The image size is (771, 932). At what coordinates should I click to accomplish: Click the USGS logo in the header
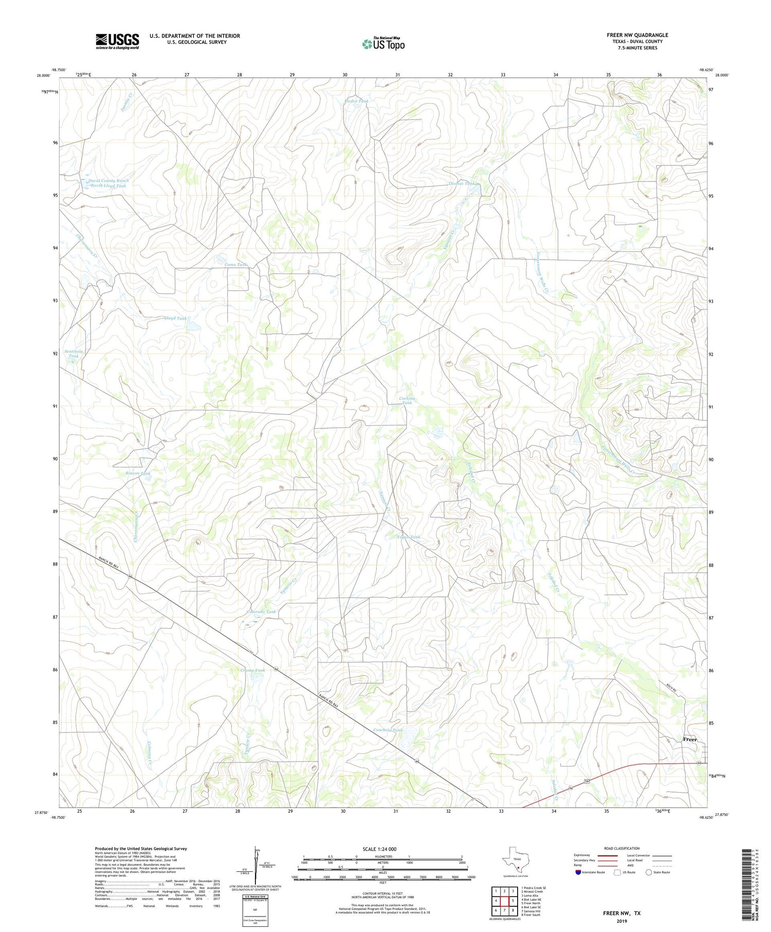(117, 41)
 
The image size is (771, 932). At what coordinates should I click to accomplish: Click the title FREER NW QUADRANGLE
(637, 35)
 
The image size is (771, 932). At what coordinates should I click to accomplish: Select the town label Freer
(690, 739)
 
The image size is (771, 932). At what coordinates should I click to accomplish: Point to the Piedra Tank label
(357, 101)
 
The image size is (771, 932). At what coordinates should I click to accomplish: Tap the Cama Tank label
(236, 264)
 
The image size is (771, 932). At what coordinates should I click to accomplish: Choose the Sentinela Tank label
(74, 354)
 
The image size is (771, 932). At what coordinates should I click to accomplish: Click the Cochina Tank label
(407, 400)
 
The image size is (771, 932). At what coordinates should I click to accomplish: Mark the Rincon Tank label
(138, 473)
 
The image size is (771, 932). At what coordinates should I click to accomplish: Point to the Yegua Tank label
(409, 537)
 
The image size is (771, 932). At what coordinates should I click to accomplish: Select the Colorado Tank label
(261, 612)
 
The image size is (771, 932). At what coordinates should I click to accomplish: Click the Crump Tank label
(252, 670)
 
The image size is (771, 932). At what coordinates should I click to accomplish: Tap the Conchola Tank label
(388, 730)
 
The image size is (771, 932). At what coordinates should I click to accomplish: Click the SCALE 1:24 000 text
(380, 849)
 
